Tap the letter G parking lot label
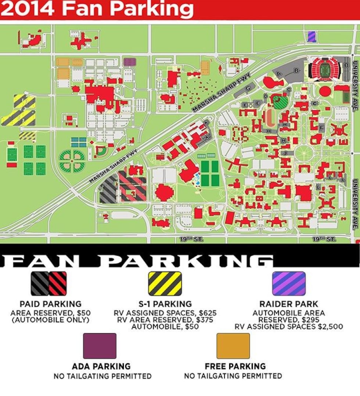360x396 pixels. (248, 88)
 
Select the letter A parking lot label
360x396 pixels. (279, 73)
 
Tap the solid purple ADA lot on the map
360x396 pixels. (128, 61)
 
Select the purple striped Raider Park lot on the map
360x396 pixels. (312, 36)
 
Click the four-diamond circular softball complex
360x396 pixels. (72, 161)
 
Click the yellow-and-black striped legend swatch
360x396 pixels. (165, 283)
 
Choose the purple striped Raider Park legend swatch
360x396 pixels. (288, 283)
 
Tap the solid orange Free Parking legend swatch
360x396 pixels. (233, 346)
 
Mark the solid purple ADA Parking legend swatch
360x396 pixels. (100, 346)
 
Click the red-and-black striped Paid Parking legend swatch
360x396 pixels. (58, 283)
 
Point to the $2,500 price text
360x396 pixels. (328, 326)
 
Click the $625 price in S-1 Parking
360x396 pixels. (206, 313)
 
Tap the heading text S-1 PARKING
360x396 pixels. (165, 304)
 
